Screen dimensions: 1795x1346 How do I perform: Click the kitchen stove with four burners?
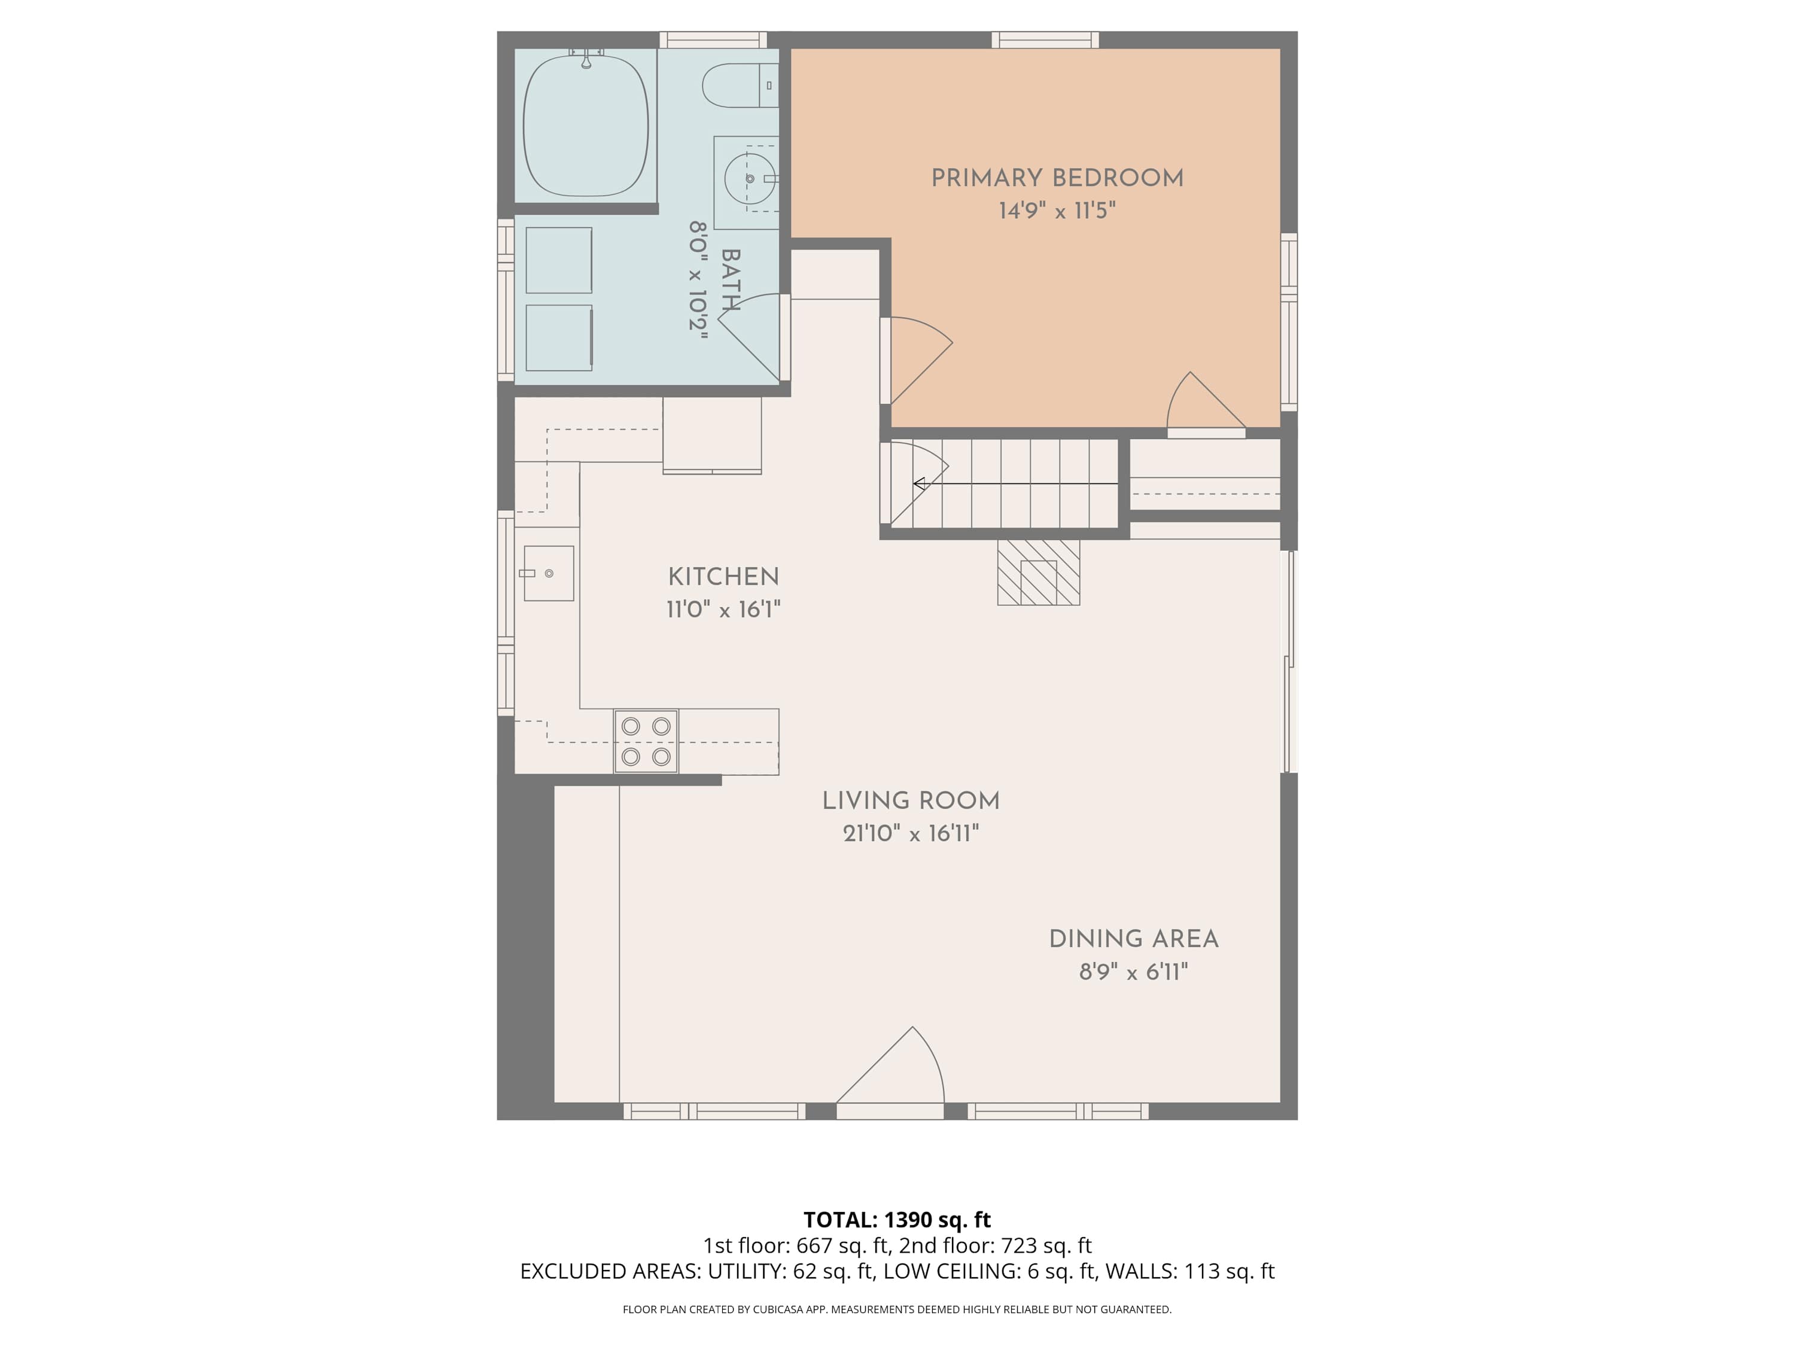(x=646, y=741)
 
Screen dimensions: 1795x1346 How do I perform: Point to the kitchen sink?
(x=549, y=574)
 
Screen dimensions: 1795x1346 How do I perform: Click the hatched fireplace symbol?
(x=1039, y=573)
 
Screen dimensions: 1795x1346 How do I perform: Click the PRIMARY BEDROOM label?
(x=1057, y=178)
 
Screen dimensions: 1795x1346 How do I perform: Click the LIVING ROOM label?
(x=911, y=801)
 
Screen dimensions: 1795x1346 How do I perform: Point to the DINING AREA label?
(x=1134, y=939)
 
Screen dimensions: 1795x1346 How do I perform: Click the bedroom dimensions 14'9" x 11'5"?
(x=1057, y=211)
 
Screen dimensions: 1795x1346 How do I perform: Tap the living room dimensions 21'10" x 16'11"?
(x=911, y=833)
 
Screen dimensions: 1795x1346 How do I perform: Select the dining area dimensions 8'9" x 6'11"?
(x=1134, y=971)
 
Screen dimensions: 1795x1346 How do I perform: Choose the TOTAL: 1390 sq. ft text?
(x=897, y=1219)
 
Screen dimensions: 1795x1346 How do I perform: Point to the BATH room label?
(x=731, y=280)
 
